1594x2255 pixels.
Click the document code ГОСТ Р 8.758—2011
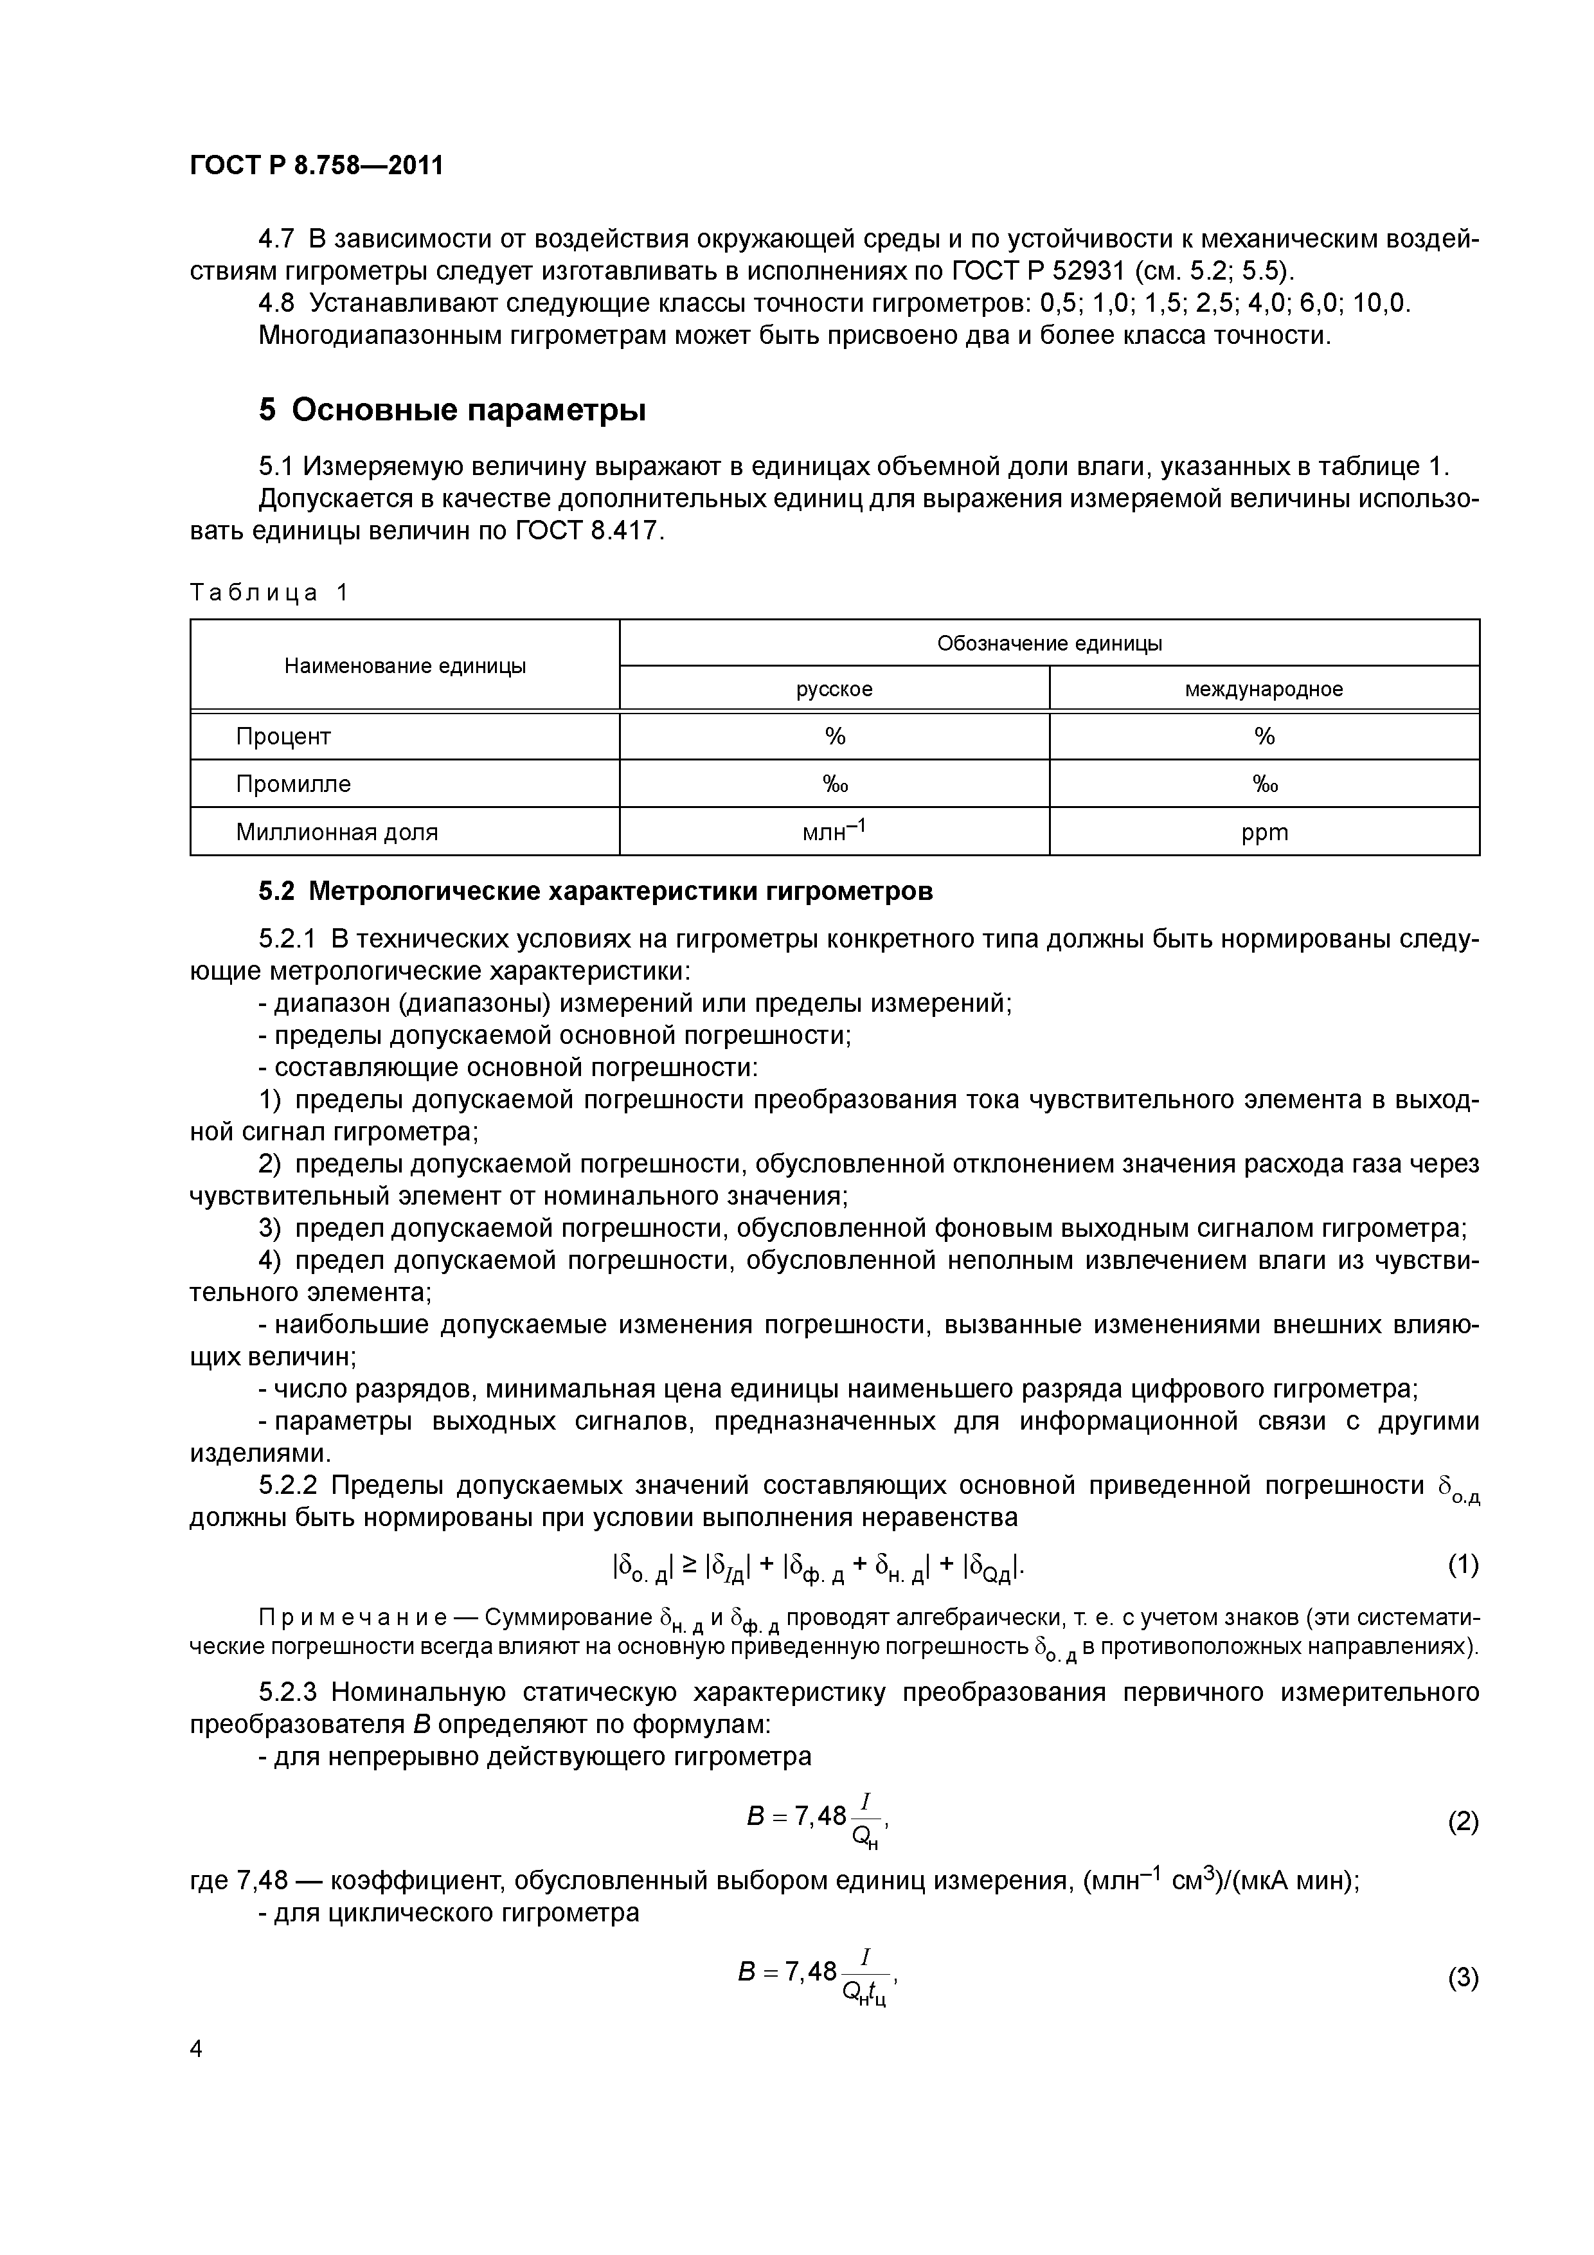[316, 166]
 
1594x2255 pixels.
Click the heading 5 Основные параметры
[452, 409]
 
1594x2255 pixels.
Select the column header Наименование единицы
[405, 666]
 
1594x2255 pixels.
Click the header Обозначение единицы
[1049, 643]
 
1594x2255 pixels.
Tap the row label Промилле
[292, 784]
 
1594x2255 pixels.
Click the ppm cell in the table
[1264, 833]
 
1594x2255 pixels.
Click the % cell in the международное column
[1264, 737]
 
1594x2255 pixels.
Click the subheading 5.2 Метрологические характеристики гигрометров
[595, 892]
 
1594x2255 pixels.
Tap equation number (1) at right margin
[1462, 1565]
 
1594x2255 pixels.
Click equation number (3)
[1462, 1978]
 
